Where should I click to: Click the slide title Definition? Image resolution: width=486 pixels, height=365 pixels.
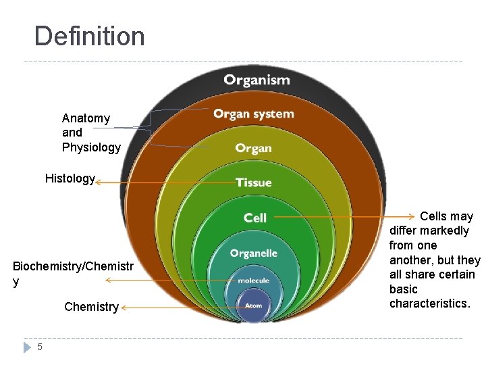pyautogui.click(x=89, y=36)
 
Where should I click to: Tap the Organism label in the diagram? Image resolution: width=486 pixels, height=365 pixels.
pyautogui.click(x=256, y=80)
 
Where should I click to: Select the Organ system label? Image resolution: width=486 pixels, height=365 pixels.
pyautogui.click(x=254, y=114)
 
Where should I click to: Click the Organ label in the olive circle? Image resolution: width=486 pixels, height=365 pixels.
pyautogui.click(x=254, y=148)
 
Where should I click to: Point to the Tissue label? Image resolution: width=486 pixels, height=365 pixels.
pyautogui.click(x=254, y=182)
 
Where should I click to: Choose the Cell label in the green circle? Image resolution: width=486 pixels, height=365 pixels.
pyautogui.click(x=255, y=217)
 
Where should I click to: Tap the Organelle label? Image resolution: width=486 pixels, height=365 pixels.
pyautogui.click(x=254, y=253)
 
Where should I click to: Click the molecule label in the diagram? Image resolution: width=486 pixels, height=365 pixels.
pyautogui.click(x=254, y=281)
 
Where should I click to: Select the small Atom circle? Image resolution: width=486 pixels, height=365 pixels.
pyautogui.click(x=254, y=306)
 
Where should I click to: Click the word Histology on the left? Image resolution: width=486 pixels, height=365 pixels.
pyautogui.click(x=70, y=178)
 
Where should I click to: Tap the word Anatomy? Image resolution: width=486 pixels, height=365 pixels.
pyautogui.click(x=86, y=118)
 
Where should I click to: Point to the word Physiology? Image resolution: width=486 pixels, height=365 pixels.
pyautogui.click(x=91, y=147)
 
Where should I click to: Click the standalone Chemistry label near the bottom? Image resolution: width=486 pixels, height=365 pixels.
pyautogui.click(x=91, y=307)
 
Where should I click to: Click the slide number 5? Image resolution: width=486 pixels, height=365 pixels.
pyautogui.click(x=40, y=347)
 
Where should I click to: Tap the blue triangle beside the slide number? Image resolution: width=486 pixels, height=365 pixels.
pyautogui.click(x=27, y=347)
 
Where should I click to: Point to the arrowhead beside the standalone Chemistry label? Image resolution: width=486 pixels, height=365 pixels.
pyautogui.click(x=124, y=308)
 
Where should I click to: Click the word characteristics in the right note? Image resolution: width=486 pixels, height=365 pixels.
pyautogui.click(x=429, y=303)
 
